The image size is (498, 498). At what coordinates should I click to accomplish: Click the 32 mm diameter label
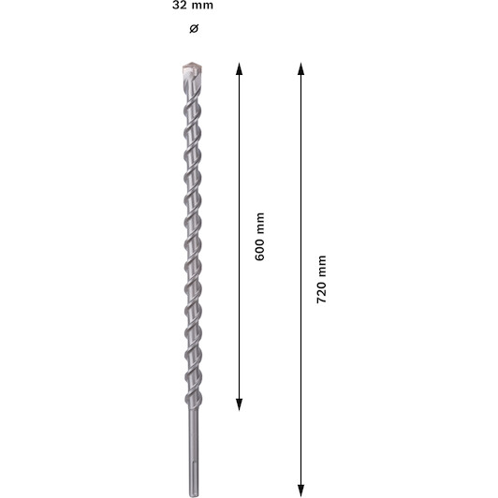coord(193,6)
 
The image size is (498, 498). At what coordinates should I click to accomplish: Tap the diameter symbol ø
coord(194,29)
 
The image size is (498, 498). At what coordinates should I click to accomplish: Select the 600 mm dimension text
coord(260,237)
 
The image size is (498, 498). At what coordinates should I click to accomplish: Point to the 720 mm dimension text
coord(321,279)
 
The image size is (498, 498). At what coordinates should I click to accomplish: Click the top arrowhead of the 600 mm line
coord(239,68)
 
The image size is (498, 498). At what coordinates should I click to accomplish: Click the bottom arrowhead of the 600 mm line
coord(239,404)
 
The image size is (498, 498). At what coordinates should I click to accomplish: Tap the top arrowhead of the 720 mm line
coord(301,68)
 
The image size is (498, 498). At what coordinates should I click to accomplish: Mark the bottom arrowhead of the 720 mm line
coord(301,491)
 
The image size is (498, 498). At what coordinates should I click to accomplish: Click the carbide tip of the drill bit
coord(193,67)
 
